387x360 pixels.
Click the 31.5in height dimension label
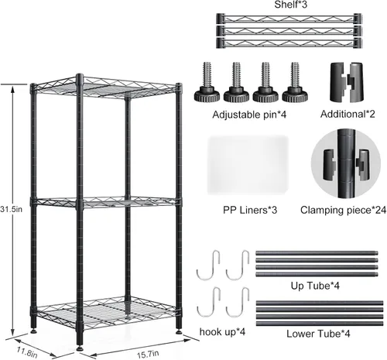pyautogui.click(x=11, y=209)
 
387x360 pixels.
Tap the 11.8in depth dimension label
pyautogui.click(x=27, y=352)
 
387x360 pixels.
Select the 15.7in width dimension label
pyautogui.click(x=148, y=354)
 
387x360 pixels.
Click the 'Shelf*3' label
pyautogui.click(x=291, y=5)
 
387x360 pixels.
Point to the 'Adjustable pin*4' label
pyautogui.click(x=249, y=115)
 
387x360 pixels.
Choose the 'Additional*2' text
pyautogui.click(x=348, y=114)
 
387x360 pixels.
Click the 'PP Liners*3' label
pyautogui.click(x=250, y=210)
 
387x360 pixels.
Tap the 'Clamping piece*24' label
pyautogui.click(x=343, y=210)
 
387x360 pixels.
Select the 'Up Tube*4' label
pyautogui.click(x=315, y=286)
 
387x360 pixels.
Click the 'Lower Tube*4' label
pyautogui.click(x=318, y=334)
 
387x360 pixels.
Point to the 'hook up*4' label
pyautogui.click(x=222, y=331)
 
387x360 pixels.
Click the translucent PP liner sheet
pyautogui.click(x=248, y=165)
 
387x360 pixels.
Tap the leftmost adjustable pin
pyautogui.click(x=207, y=82)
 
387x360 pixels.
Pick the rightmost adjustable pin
pyautogui.click(x=295, y=82)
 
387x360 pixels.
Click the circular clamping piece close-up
pyautogui.click(x=346, y=164)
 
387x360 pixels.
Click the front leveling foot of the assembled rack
pyautogui.click(x=80, y=348)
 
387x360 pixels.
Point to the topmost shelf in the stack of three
pyautogui.click(x=289, y=19)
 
